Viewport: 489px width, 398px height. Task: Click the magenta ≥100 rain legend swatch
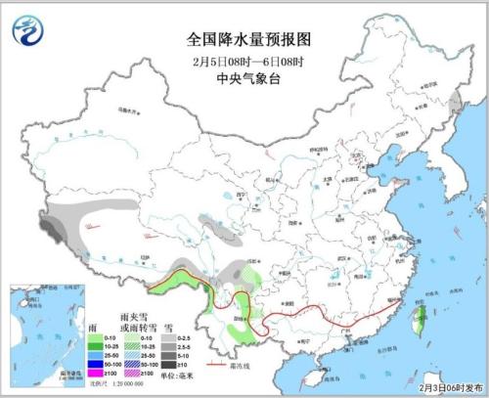pyautogui.click(x=95, y=374)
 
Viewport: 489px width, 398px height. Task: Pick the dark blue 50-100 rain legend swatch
pyautogui.click(x=95, y=363)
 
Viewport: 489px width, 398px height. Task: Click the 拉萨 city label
pyautogui.click(x=146, y=256)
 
